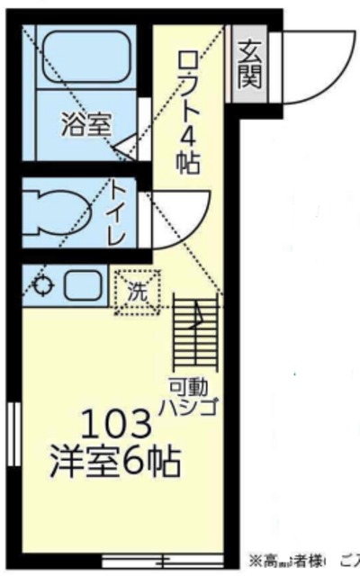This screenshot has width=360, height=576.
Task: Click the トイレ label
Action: coord(118,213)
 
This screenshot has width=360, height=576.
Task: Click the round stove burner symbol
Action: coord(41,288)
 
